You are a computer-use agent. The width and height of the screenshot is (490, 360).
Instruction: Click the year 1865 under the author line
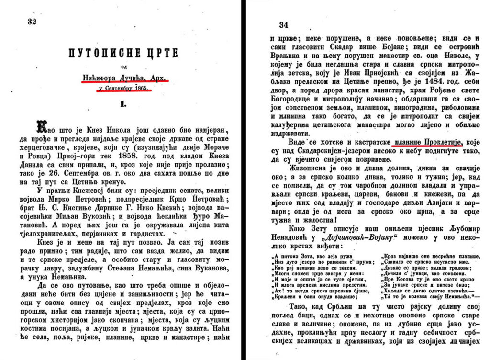tap(141, 88)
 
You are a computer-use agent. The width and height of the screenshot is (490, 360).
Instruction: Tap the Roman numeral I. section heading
tap(123, 103)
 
